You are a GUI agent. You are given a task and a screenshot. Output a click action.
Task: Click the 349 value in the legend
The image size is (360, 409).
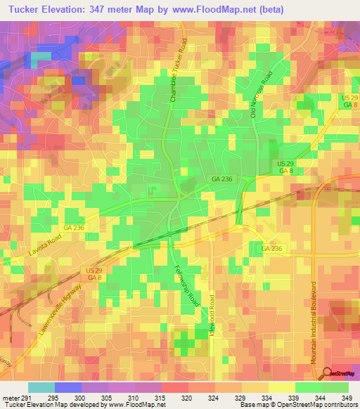345,397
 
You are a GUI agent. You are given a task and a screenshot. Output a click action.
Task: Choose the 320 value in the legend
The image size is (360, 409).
185,397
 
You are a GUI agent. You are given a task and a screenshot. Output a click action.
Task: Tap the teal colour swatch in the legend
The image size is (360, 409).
42,387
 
